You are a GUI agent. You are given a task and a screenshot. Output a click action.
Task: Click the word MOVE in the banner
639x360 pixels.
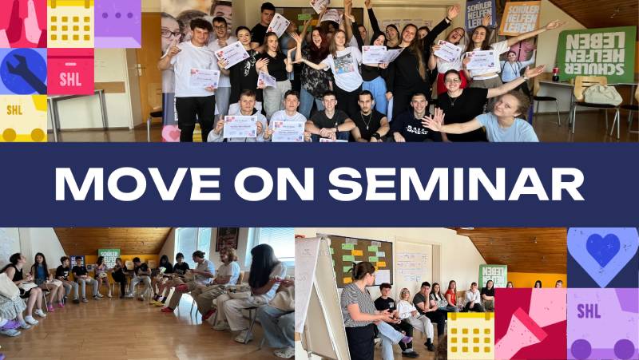coord(134,184)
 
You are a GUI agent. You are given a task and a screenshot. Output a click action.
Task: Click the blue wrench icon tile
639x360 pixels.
coord(23,71)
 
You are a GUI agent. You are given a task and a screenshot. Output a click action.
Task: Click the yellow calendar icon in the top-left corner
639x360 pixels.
coord(70,23)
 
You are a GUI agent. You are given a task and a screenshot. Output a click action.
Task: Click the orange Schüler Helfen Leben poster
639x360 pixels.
coord(521,18)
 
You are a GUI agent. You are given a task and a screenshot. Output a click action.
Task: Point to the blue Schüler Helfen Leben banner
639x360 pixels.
coord(482,14)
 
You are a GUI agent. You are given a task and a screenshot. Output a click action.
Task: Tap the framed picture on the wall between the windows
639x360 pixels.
coord(227,239)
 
